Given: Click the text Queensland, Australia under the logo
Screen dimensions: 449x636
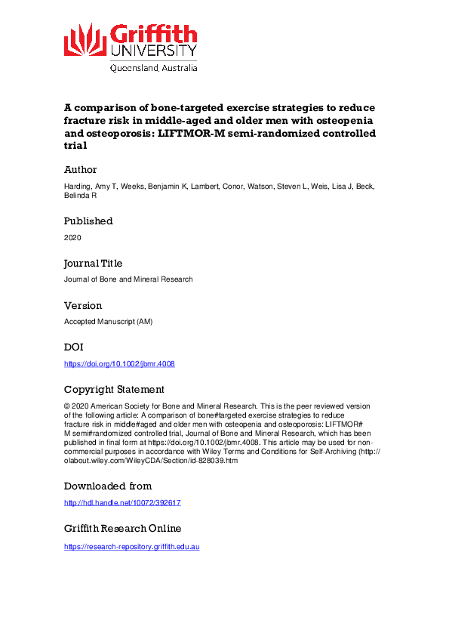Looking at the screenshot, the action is point(154,67).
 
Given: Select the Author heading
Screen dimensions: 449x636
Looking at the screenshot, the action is point(80,170).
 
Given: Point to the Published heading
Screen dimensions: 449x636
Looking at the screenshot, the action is point(88,221).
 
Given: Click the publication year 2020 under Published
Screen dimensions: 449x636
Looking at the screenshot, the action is point(72,237).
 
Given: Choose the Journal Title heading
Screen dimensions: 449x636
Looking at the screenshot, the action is point(93,264).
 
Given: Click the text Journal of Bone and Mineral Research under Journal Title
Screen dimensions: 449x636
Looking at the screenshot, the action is point(128,279).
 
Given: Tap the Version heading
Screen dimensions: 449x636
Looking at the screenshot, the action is point(83,306).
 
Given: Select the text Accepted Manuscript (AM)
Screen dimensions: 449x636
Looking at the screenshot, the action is point(109,322).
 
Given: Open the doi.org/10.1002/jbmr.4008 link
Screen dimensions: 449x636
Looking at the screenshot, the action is point(119,364).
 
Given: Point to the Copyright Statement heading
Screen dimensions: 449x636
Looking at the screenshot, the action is point(114,390).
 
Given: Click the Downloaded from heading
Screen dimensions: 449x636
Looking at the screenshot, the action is point(108,486).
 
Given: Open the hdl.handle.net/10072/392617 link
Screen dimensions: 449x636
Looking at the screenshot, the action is point(122,502).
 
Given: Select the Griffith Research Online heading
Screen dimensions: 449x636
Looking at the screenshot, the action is point(122,529).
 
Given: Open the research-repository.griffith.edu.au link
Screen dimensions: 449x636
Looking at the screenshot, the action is point(132,546).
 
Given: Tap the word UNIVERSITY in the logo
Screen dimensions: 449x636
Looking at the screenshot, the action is point(153,51).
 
